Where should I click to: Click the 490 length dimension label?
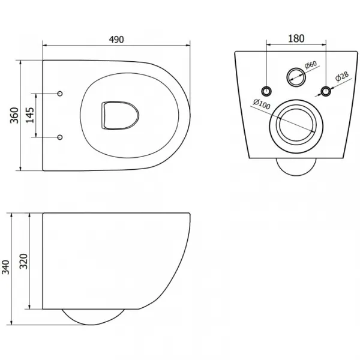(116, 40)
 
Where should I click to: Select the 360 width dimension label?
(14, 115)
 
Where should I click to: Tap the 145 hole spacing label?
(30, 115)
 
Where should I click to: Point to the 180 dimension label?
(296, 38)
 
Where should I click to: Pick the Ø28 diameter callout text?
(342, 76)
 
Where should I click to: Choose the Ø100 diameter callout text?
(262, 104)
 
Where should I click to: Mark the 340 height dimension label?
(6, 267)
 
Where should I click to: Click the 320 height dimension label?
(23, 261)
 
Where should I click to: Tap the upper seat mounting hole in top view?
(60, 94)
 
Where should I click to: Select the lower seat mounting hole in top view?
(60, 137)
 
